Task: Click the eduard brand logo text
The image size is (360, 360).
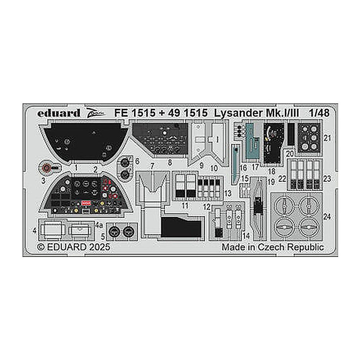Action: pyautogui.click(x=59, y=113)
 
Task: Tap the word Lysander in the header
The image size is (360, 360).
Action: pyautogui.click(x=238, y=114)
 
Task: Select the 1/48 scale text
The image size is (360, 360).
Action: pyautogui.click(x=319, y=113)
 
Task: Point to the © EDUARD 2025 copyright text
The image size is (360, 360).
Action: pyautogui.click(x=73, y=247)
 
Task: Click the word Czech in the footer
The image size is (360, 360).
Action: pyautogui.click(x=272, y=247)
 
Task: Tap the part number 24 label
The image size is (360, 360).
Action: pyautogui.click(x=327, y=217)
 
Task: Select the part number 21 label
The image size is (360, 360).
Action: pyautogui.click(x=327, y=138)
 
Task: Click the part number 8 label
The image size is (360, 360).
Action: pyautogui.click(x=170, y=162)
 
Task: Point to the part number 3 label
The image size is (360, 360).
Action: pyautogui.click(x=43, y=181)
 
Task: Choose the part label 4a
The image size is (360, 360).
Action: pyautogui.click(x=99, y=226)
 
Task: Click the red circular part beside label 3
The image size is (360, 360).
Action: pyautogui.click(x=47, y=168)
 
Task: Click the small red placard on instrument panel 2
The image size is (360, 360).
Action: pyautogui.click(x=86, y=203)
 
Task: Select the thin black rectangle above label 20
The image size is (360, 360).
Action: pyautogui.click(x=291, y=134)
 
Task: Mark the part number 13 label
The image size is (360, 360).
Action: pyautogui.click(x=228, y=193)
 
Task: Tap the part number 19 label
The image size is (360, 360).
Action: pyautogui.click(x=271, y=182)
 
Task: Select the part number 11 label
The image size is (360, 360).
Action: pyautogui.click(x=185, y=205)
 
